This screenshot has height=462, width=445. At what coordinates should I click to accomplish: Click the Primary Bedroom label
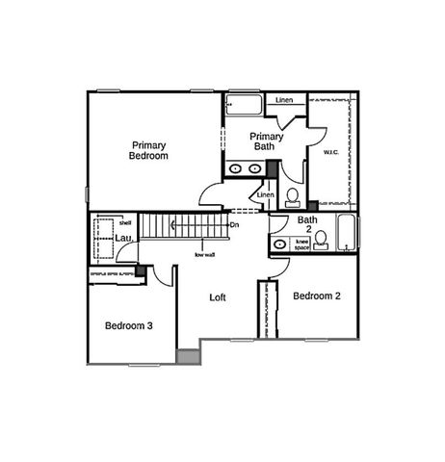coord(149,149)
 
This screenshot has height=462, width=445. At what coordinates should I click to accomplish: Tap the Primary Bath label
coord(264,141)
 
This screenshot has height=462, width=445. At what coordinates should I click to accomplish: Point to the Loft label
coord(219,297)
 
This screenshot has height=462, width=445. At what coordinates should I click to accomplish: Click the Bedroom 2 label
coord(317,295)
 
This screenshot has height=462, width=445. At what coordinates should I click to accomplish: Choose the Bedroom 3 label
coord(129,326)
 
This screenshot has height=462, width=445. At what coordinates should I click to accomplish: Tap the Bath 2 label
coord(307,224)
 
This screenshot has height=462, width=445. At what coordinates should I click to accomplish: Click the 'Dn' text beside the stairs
coord(234,224)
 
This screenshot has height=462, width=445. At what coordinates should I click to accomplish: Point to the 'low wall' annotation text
coord(204,254)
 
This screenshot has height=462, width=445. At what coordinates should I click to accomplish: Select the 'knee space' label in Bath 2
coord(301,244)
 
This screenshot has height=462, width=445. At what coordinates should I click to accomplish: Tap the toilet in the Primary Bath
coord(293,199)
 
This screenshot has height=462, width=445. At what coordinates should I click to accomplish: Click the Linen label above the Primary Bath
coord(284,100)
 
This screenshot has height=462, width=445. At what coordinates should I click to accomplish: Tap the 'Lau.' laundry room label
coord(124,238)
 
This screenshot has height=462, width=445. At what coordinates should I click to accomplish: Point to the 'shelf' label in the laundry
coord(124,222)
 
